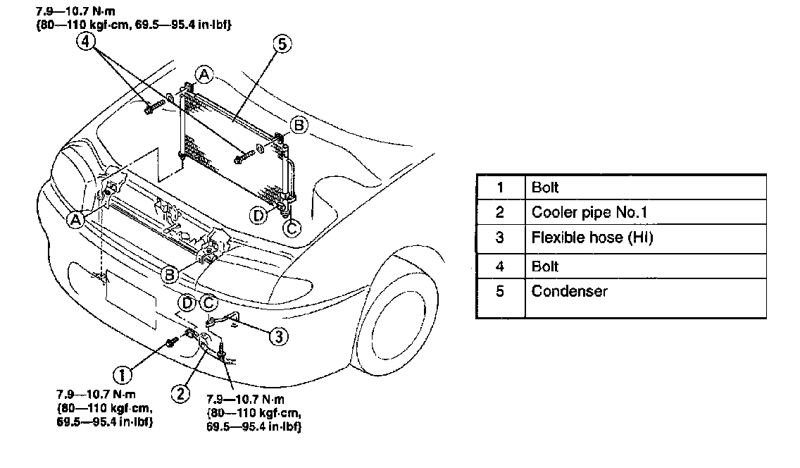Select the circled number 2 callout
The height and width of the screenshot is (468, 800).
pyautogui.click(x=182, y=393)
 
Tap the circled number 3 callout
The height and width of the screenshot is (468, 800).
pyautogui.click(x=279, y=337)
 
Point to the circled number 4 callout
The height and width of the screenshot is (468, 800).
pyautogui.click(x=85, y=42)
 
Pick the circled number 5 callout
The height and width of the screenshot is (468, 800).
pyautogui.click(x=281, y=45)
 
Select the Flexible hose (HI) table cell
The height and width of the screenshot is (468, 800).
pyautogui.click(x=592, y=238)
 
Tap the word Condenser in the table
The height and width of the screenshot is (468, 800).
pyautogui.click(x=570, y=291)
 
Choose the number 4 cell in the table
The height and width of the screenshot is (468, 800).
pyautogui.click(x=500, y=266)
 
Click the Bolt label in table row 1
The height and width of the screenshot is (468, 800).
pyautogui.click(x=545, y=187)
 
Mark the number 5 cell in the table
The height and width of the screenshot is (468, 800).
pyautogui.click(x=500, y=291)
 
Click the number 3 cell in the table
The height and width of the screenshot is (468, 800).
pyautogui.click(x=500, y=238)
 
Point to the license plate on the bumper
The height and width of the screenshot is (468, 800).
pyautogui.click(x=131, y=299)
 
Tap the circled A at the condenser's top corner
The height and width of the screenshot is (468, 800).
pyautogui.click(x=204, y=74)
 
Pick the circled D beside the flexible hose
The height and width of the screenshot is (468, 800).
pyautogui.click(x=187, y=303)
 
